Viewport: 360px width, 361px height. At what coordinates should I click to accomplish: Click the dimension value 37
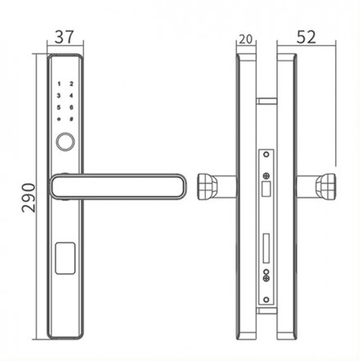tap(64, 37)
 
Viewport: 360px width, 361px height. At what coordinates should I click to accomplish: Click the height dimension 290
tap(29, 198)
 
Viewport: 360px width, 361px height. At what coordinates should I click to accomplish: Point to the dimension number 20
tap(246, 39)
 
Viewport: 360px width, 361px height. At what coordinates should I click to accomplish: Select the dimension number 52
tap(306, 37)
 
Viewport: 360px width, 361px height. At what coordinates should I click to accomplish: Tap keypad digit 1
tap(59, 84)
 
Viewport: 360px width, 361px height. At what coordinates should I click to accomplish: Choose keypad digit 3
tap(58, 96)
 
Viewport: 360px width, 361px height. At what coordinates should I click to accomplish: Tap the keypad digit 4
tap(71, 96)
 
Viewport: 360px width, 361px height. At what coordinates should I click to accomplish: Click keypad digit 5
tap(58, 107)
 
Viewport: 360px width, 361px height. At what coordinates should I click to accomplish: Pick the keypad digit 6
tap(71, 107)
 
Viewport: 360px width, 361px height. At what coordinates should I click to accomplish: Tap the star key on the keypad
tap(58, 119)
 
